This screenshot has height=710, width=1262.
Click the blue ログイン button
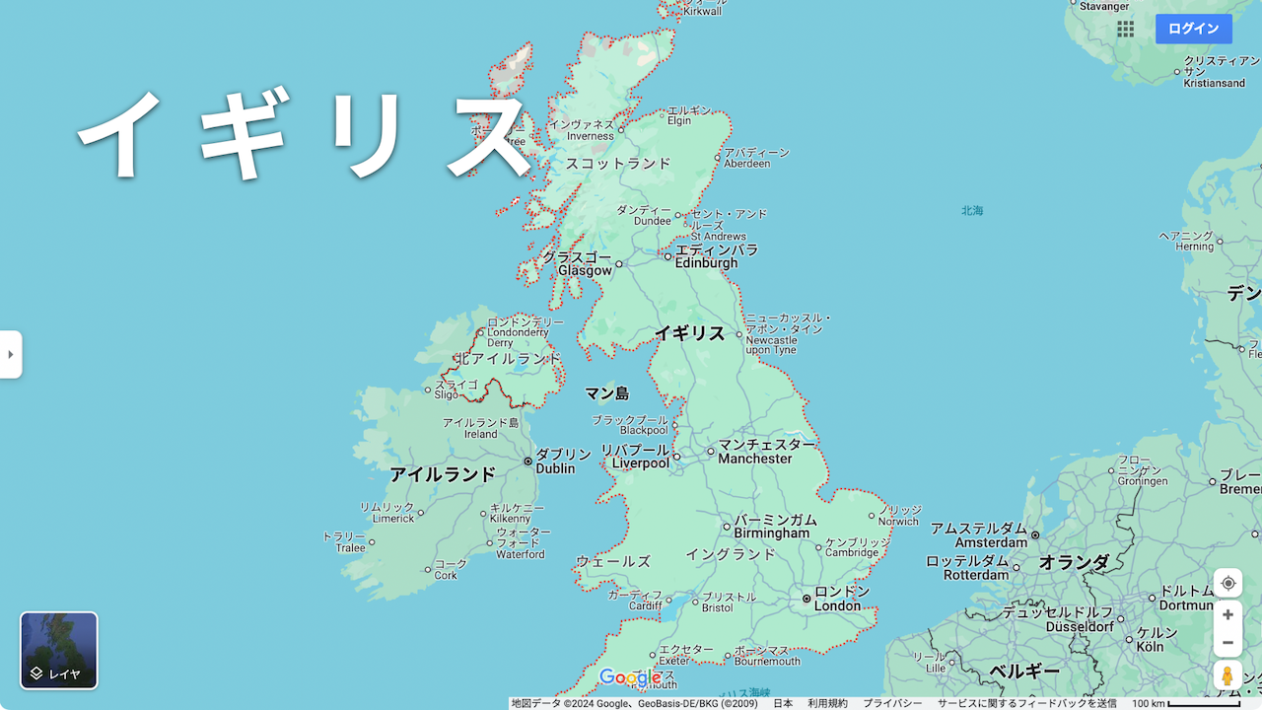pyautogui.click(x=1193, y=29)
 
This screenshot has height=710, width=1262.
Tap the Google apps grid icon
pyautogui.click(x=1125, y=29)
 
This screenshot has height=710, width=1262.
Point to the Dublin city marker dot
pyautogui.click(x=528, y=461)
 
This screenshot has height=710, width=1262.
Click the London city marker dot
pyautogui.click(x=806, y=599)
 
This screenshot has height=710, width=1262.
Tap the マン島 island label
pyautogui.click(x=606, y=393)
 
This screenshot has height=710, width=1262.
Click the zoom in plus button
pyautogui.click(x=1227, y=614)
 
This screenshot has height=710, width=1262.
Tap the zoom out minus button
pyautogui.click(x=1227, y=643)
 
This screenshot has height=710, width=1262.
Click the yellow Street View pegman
pyautogui.click(x=1227, y=676)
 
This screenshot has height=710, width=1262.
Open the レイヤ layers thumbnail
pyautogui.click(x=59, y=650)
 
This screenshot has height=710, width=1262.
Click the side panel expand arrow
pyautogui.click(x=10, y=354)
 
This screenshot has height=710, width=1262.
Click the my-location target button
pyautogui.click(x=1227, y=583)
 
